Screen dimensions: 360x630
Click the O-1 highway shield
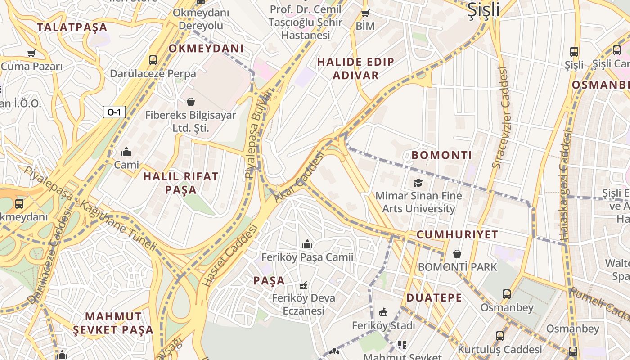(x=114, y=112)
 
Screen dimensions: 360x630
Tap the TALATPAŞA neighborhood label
(x=72, y=27)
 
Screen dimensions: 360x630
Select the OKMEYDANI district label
(x=206, y=49)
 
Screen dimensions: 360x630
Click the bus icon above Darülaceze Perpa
(x=153, y=60)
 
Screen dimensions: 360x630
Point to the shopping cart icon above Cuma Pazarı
(x=31, y=54)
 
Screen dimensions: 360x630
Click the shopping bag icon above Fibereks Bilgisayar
(x=191, y=102)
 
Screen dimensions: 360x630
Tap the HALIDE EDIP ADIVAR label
(x=355, y=68)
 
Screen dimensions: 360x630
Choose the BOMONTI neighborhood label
(x=442, y=155)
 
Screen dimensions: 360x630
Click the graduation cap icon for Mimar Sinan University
(x=418, y=183)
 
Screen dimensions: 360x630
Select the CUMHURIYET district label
(x=457, y=234)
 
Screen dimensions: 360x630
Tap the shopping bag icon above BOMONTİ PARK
(x=457, y=254)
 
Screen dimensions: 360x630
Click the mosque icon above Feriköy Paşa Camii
(x=307, y=244)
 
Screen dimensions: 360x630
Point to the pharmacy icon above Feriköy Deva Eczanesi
(x=304, y=285)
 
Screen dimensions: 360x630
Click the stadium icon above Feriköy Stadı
(x=383, y=312)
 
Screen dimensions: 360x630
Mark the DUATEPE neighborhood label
(x=434, y=297)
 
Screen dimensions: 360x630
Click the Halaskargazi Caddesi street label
(x=565, y=184)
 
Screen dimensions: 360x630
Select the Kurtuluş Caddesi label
(x=499, y=349)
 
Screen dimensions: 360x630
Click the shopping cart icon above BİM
(x=365, y=13)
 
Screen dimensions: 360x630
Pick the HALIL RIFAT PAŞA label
(x=180, y=183)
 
